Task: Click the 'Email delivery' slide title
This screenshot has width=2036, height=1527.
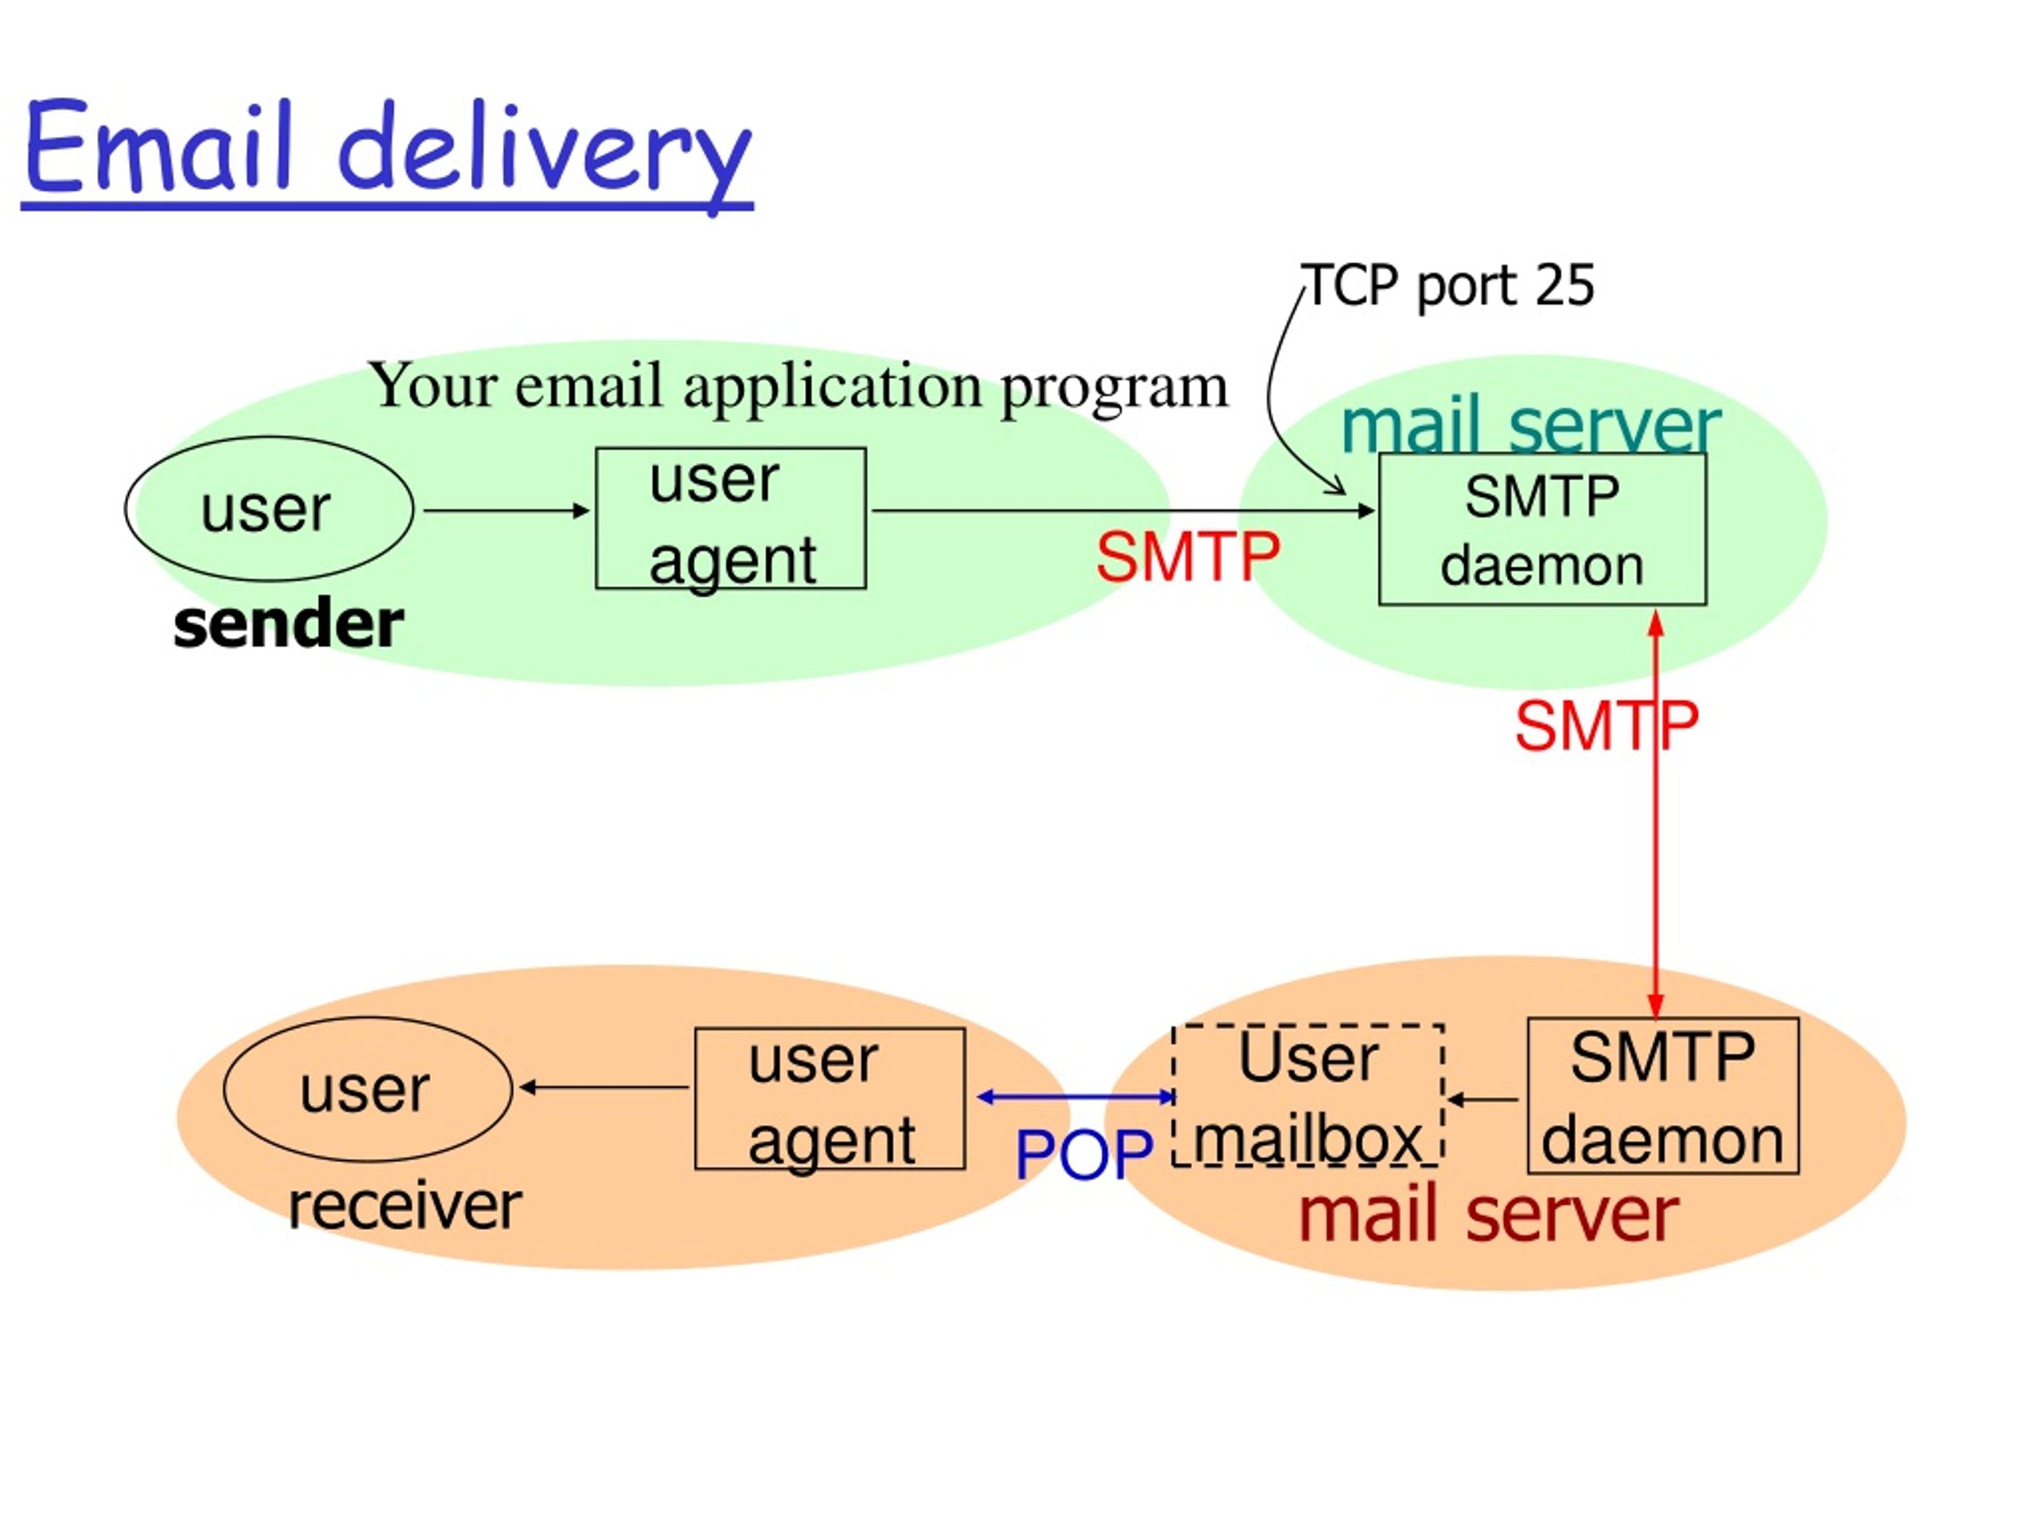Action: pyautogui.click(x=387, y=152)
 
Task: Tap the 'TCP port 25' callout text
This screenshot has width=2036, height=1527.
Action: pyautogui.click(x=1446, y=286)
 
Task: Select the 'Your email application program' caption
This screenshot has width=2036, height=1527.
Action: pyautogui.click(x=798, y=387)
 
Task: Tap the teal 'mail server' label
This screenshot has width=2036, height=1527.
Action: pyautogui.click(x=1531, y=425)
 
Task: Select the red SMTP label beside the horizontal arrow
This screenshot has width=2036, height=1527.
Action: pyautogui.click(x=1187, y=557)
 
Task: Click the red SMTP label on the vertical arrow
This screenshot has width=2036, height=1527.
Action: pyautogui.click(x=1607, y=726)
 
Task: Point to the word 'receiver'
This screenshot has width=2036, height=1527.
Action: pyautogui.click(x=405, y=1206)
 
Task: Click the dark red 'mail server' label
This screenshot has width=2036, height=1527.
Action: pyautogui.click(x=1488, y=1216)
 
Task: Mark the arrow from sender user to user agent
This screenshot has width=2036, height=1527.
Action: pyautogui.click(x=507, y=510)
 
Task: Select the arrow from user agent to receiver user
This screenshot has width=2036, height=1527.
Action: pyautogui.click(x=604, y=1087)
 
